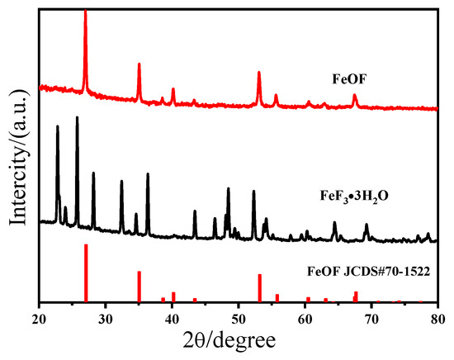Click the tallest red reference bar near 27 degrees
pos(86,273)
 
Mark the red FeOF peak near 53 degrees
pos(259,73)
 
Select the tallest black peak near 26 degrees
pos(77,118)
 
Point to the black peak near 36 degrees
pos(148,174)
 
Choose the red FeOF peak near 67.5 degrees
pos(355,95)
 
